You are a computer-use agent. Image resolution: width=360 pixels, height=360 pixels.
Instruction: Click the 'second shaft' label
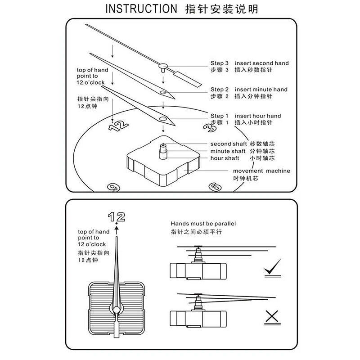coord(228,144)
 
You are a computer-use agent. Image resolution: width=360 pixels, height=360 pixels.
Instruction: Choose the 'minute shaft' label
coord(228,151)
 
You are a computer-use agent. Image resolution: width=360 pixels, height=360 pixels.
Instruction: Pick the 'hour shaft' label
coord(225,158)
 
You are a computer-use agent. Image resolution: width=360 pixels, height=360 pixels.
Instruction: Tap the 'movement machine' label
coord(261,171)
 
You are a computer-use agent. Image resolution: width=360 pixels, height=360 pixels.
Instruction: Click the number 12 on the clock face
coord(116,125)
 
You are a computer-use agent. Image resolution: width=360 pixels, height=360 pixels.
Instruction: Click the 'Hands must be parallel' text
coord(203,223)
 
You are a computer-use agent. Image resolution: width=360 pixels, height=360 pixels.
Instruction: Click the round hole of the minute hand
coord(162,93)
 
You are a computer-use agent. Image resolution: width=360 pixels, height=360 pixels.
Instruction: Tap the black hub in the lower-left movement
coord(117,309)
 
